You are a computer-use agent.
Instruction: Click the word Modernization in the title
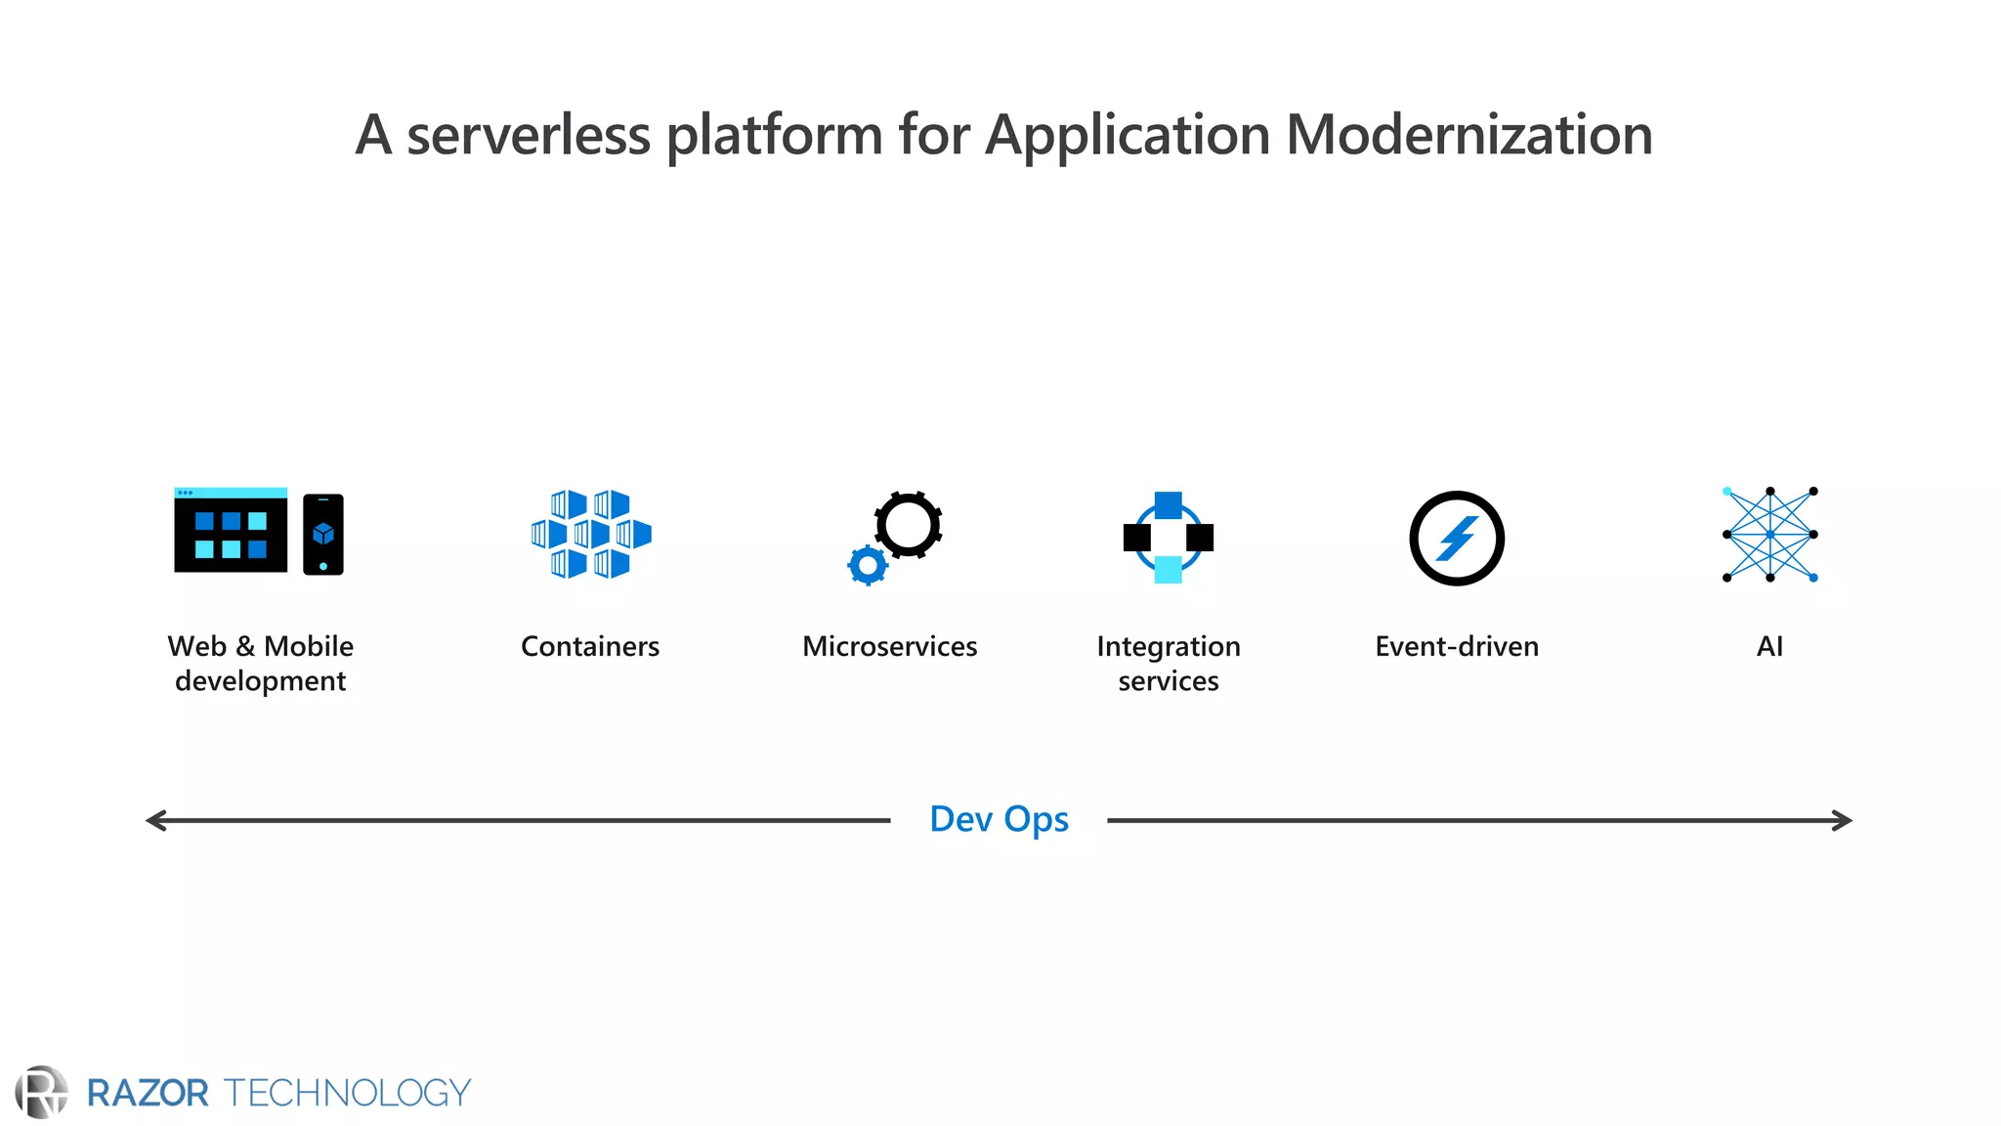click(1469, 134)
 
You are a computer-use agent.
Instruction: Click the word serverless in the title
click(528, 134)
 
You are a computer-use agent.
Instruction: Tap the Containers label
click(590, 646)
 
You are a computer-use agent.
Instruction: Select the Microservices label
click(889, 646)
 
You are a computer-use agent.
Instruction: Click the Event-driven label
click(1456, 646)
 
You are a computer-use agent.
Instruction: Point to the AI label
click(1769, 646)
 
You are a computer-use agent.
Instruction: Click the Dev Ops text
click(999, 819)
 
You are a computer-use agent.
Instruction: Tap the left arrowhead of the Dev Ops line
click(154, 820)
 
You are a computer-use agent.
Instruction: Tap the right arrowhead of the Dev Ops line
click(1843, 820)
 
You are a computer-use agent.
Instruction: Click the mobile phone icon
click(323, 534)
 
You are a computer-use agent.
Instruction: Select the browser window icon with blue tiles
click(231, 530)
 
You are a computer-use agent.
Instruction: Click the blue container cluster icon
click(591, 534)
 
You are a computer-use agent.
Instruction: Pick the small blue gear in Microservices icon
click(868, 565)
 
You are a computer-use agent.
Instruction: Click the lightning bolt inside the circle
click(1457, 539)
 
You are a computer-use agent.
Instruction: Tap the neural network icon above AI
click(1769, 534)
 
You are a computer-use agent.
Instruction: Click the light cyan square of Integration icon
click(1168, 570)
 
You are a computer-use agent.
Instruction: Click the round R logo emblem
click(41, 1092)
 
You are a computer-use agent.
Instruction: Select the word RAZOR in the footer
click(148, 1093)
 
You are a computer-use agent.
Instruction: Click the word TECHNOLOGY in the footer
click(348, 1093)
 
